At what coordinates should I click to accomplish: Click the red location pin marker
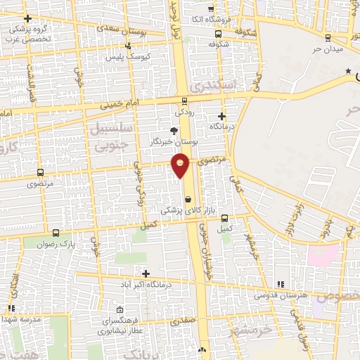coord(181,165)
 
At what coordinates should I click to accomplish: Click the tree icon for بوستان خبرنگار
coord(174,131)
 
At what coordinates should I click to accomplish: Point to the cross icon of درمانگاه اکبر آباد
coord(146,274)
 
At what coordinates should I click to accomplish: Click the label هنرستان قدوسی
coord(283,295)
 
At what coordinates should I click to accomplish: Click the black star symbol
coord(347,72)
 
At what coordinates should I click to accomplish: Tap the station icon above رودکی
coord(184,100)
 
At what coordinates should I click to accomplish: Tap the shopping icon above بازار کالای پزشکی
coord(187,199)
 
